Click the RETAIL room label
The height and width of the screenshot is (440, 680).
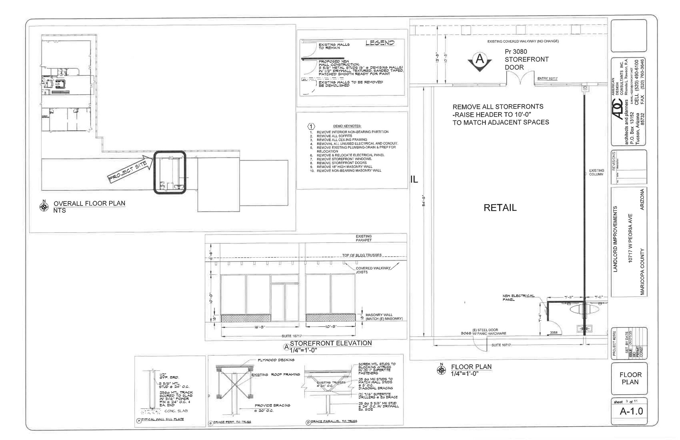coord(500,208)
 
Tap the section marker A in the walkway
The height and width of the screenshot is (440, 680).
coord(479,60)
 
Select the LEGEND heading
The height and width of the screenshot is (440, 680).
coord(380,43)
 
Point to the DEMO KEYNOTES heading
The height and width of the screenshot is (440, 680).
coord(347,126)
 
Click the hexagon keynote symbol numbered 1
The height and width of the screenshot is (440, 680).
coord(311,127)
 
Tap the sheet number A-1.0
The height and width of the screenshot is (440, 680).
coord(631,411)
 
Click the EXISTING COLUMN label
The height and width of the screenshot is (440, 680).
coord(596,172)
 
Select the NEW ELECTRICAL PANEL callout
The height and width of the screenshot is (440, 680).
coord(518,298)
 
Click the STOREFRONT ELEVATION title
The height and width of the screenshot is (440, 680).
coord(331,343)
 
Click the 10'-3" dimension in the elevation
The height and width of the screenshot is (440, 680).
coord(330,327)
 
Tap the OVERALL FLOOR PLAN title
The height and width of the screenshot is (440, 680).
coord(89,204)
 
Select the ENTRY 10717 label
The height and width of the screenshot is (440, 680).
coord(547,79)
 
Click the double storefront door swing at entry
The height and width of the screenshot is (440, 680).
coord(520,79)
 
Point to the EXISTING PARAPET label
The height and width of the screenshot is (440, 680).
coord(364,238)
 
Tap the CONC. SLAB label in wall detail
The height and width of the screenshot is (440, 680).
coord(176,411)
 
